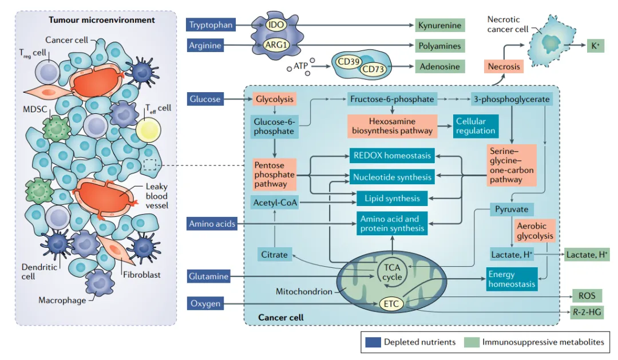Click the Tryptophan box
coord(211,25)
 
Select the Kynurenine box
coord(439,25)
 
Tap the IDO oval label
coord(276,25)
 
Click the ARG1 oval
coord(276,45)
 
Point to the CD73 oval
coord(373,69)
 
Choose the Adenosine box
coord(439,66)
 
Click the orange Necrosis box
coord(504,66)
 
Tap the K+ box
coord(595,46)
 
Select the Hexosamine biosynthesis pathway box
coord(392,126)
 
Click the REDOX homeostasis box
coord(392,155)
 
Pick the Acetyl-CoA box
coord(275,203)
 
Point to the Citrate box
coord(274,255)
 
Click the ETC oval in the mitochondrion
coord(391,303)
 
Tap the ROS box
coord(587,296)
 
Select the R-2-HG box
coord(587,312)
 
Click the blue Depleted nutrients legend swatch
coord(373,342)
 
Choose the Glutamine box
coord(208,276)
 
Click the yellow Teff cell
coord(148,130)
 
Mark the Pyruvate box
coord(512,209)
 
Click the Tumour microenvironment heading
coord(102,20)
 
